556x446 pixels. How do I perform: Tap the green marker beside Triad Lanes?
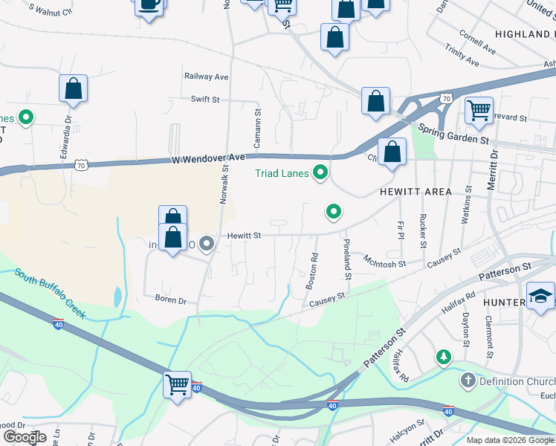321,173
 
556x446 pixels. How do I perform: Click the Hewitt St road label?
244,236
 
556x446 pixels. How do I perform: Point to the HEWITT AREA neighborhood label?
416,192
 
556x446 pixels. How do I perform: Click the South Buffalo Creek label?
50,293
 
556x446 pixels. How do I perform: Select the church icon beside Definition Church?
468,382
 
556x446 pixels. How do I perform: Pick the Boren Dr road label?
170,300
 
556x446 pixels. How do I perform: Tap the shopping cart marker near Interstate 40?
178,384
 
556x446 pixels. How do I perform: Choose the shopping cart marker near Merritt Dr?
479,111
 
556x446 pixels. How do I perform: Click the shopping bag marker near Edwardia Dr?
74,88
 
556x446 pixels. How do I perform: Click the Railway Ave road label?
207,77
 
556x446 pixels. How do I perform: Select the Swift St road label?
205,99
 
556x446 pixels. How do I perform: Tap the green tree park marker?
445,358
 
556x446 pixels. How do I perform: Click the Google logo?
25,437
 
